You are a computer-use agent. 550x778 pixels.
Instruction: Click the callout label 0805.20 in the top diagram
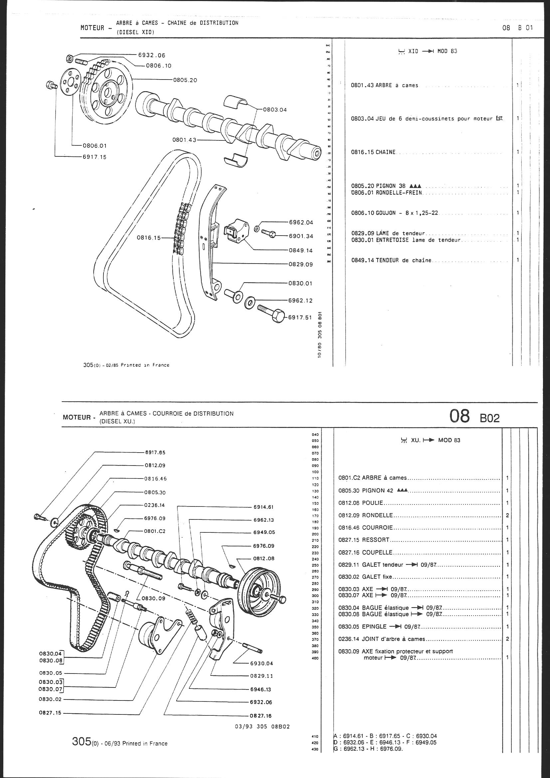[x=185, y=80]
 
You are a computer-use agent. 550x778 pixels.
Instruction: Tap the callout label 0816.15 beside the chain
[x=148, y=238]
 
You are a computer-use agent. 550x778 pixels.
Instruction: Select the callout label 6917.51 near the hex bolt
[x=299, y=317]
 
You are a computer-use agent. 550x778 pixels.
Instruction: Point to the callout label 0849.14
[x=300, y=251]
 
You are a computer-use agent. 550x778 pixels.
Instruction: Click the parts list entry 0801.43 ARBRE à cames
[x=385, y=86]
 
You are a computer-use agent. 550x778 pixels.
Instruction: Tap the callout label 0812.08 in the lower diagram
[x=264, y=558]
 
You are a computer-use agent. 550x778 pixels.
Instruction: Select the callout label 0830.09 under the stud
[x=153, y=598]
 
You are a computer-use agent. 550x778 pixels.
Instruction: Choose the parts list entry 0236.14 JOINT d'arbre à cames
[x=382, y=639]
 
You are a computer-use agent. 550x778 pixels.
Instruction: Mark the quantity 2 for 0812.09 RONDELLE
[x=507, y=515]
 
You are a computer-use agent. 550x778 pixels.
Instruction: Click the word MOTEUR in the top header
[x=92, y=28]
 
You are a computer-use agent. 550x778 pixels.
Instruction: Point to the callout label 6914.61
[x=263, y=507]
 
